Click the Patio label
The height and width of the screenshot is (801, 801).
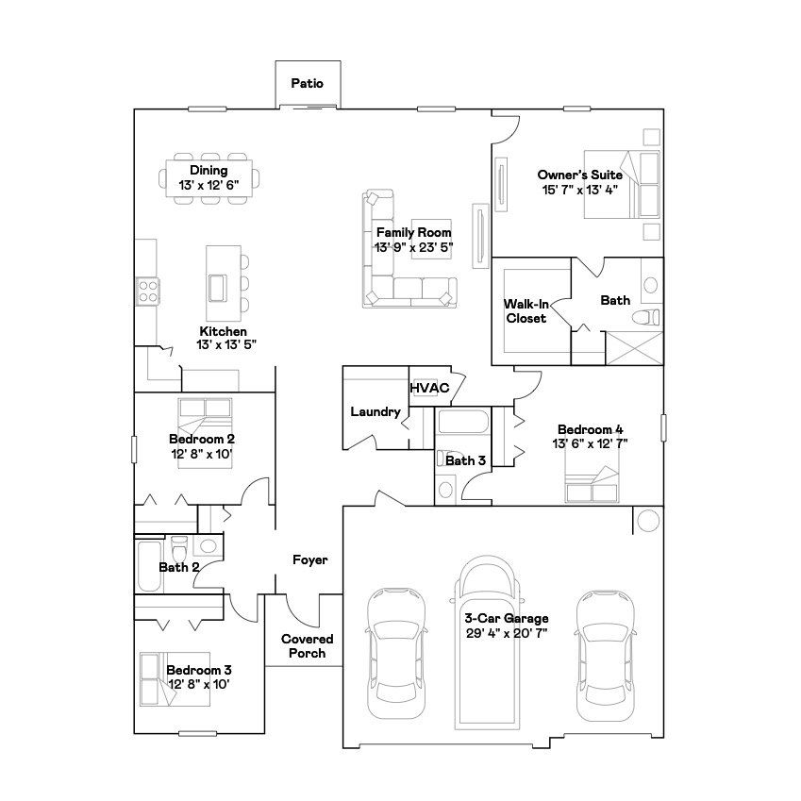(307, 83)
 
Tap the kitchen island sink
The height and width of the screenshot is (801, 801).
(217, 288)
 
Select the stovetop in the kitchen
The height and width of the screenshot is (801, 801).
(148, 292)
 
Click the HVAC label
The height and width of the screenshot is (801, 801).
(429, 389)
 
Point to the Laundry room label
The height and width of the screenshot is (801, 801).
(375, 411)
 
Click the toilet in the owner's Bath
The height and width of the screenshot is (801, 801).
(645, 318)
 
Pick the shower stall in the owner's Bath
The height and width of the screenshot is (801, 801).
(634, 348)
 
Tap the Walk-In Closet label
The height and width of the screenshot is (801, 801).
(526, 311)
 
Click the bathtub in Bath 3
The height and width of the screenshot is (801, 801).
(463, 422)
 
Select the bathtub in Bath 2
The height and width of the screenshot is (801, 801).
(149, 566)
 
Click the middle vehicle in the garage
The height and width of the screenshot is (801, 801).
(486, 642)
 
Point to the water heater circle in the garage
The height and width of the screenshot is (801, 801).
(648, 521)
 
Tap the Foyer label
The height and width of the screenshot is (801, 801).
(310, 559)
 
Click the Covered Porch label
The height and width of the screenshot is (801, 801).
(307, 645)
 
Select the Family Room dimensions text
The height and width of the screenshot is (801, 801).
(414, 248)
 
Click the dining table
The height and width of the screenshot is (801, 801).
(209, 178)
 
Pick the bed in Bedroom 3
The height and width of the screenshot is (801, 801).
(175, 679)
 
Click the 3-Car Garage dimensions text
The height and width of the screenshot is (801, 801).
(507, 633)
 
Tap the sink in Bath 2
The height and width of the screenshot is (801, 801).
(208, 545)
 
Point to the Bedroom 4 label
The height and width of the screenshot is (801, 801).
(590, 429)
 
